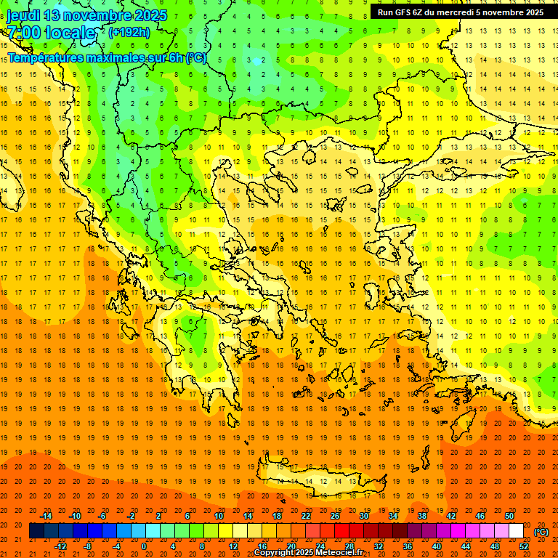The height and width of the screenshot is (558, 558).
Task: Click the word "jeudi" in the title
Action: pyautogui.click(x=24, y=15)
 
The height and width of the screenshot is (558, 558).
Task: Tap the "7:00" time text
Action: pyautogui.click(x=23, y=33)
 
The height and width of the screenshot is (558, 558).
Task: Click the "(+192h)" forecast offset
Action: pyautogui.click(x=129, y=33)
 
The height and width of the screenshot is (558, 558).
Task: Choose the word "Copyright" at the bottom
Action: pyautogui.click(x=274, y=553)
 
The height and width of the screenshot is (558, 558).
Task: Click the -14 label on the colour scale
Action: pyautogui.click(x=47, y=516)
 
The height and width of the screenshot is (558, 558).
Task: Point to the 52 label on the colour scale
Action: pyautogui.click(x=524, y=546)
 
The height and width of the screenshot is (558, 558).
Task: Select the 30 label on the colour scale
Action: pyautogui.click(x=364, y=516)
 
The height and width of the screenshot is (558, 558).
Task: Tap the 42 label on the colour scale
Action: pyautogui.click(x=451, y=516)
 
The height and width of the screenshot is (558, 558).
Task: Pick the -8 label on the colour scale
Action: pyautogui.click(x=88, y=546)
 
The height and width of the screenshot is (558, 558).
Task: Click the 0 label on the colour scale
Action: pyautogui.click(x=144, y=546)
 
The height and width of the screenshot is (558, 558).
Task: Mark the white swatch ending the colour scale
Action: pyautogui.click(x=516, y=531)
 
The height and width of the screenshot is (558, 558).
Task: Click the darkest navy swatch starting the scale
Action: pyautogui.click(x=36, y=531)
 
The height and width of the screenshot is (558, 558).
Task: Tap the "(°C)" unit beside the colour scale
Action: pyautogui.click(x=541, y=533)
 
